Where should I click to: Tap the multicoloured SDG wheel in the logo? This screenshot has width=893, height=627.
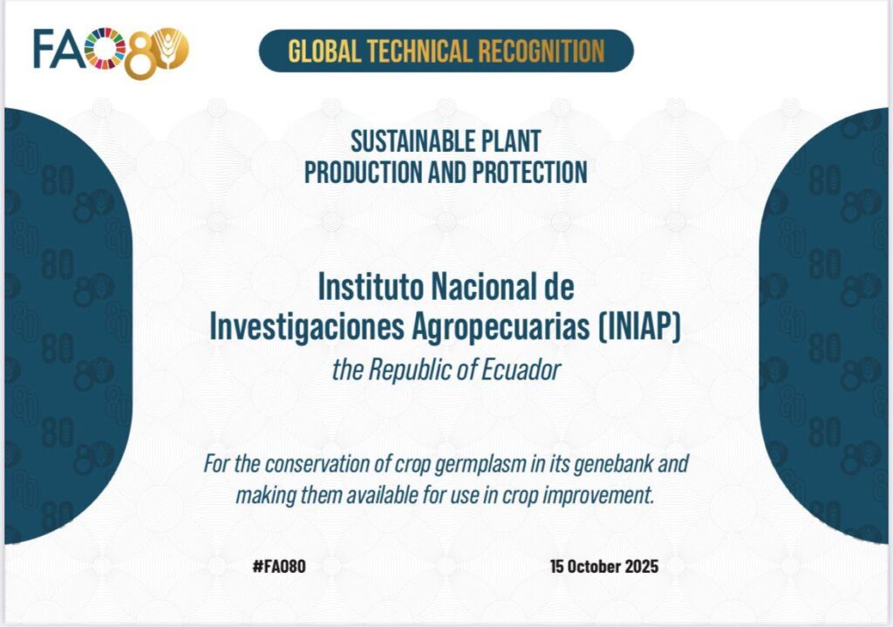(x=106, y=49)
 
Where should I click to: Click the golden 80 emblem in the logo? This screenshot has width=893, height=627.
(x=157, y=53)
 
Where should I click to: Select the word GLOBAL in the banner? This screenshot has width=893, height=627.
(x=324, y=51)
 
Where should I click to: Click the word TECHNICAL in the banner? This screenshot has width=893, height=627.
(x=419, y=51)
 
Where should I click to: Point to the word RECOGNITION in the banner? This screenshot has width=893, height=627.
(x=541, y=51)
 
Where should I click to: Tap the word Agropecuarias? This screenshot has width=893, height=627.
(x=501, y=328)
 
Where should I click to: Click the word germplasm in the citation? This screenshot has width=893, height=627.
(x=480, y=465)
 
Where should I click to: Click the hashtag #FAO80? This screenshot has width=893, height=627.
(x=279, y=567)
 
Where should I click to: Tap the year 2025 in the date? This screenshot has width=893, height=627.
(x=641, y=567)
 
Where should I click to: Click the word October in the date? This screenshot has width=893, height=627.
(x=594, y=567)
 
